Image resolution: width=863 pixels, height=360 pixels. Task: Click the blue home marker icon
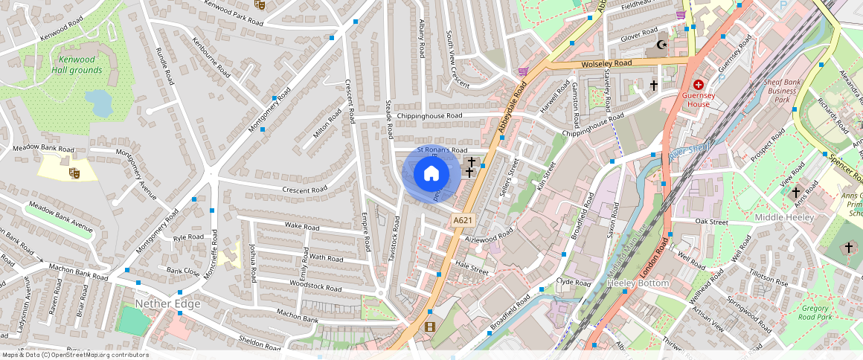click(x=431, y=174)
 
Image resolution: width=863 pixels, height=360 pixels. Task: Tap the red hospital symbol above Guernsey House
click(x=698, y=86)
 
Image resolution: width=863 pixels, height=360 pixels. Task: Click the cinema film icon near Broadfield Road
click(x=429, y=327)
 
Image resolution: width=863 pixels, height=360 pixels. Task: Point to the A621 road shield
click(x=462, y=220)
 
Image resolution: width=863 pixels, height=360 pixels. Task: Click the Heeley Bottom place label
click(x=638, y=283)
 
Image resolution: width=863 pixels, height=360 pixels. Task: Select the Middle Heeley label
click(x=785, y=216)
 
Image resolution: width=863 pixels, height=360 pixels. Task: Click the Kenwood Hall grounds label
click(x=77, y=65)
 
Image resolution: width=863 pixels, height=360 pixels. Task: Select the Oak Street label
click(x=710, y=222)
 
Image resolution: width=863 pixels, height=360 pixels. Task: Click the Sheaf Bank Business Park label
click(x=781, y=90)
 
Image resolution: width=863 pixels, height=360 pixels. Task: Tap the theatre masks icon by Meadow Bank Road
click(x=74, y=173)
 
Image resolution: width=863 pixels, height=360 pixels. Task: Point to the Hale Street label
click(x=472, y=268)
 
